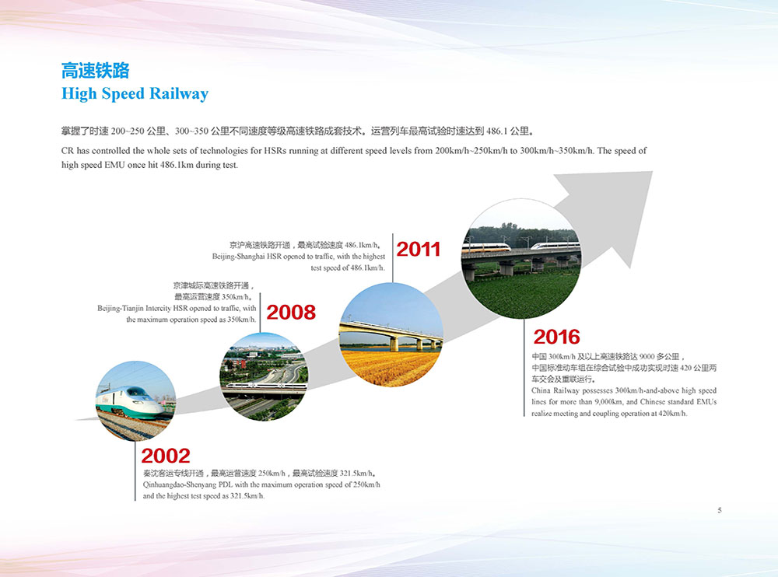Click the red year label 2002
click(x=166, y=456)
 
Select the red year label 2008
click(x=291, y=313)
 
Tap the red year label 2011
click(x=419, y=249)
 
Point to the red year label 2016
click(x=557, y=337)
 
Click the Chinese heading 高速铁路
click(x=95, y=71)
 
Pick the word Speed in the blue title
click(x=123, y=94)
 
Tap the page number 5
click(x=720, y=510)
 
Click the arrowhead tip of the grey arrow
click(x=652, y=172)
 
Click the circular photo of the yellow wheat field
click(x=391, y=335)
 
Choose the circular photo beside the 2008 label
click(x=264, y=376)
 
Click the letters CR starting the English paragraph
click(x=67, y=151)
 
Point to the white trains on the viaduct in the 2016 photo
click(x=521, y=247)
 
